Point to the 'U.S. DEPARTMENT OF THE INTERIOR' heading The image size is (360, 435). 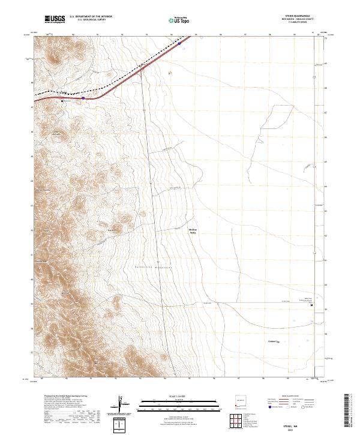click(91, 17)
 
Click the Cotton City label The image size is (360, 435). click(274, 340)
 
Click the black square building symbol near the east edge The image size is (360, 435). click(311, 305)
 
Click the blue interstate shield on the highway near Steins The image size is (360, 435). click(83, 97)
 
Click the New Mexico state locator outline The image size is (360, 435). click(238, 401)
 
